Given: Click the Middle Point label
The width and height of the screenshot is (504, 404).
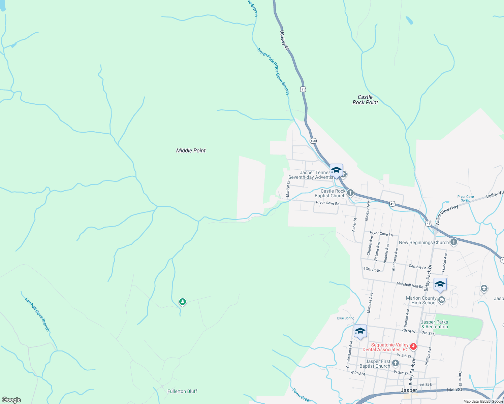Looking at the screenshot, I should (191, 150).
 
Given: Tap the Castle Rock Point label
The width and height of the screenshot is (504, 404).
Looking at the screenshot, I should (365, 100).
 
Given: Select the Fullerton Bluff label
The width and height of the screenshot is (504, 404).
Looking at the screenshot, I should (182, 391).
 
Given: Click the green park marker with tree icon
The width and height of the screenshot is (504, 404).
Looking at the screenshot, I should (183, 302).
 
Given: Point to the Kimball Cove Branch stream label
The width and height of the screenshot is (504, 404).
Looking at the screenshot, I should (37, 314).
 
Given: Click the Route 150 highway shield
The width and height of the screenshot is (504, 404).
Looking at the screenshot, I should (313, 141).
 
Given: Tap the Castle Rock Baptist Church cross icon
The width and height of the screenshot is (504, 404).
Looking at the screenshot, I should (350, 193).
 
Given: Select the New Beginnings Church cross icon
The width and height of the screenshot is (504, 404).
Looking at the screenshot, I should (454, 242).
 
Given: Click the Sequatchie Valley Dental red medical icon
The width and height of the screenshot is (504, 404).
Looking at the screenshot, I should (413, 347).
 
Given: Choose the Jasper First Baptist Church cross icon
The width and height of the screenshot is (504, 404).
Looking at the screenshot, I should (396, 363).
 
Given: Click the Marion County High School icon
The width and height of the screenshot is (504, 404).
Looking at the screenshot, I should (442, 300).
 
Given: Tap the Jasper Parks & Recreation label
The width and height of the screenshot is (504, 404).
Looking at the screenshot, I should (435, 324).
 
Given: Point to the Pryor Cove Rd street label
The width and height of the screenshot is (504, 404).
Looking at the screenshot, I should (327, 203).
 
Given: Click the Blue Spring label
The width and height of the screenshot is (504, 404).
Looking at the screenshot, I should (346, 318).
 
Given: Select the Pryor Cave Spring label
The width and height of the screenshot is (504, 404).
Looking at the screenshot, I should (466, 198).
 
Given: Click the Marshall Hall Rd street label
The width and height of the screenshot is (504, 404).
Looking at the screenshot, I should (410, 285).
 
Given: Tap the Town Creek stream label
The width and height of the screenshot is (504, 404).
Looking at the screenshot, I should (302, 396).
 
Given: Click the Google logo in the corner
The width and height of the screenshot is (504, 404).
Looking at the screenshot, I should (11, 400).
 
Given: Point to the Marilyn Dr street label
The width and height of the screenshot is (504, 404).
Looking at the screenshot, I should (288, 189).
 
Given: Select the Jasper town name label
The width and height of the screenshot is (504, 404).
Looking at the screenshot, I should (409, 390).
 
